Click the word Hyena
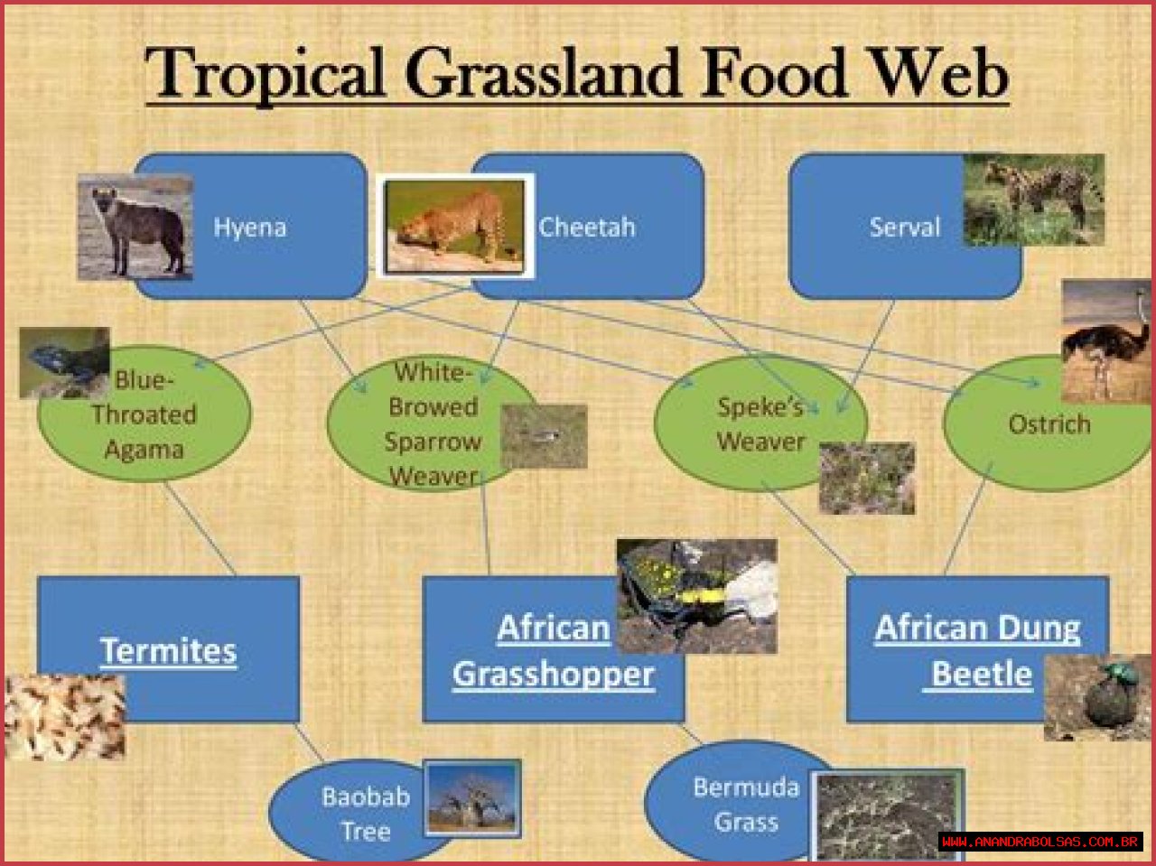tap(250, 228)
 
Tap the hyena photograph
tap(135, 227)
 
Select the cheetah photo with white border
tap(455, 226)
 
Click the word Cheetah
tap(587, 228)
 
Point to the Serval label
tap(905, 228)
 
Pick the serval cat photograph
tap(1034, 200)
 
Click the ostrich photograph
tap(1106, 341)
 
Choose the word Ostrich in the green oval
tap(1049, 424)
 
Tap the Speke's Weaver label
tap(761, 424)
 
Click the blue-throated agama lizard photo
tap(65, 363)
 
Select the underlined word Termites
tap(169, 651)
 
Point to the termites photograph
tap(65, 717)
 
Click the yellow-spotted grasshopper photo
tap(696, 596)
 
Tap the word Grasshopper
tap(554, 675)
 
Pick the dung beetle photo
tap(1097, 697)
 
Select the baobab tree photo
tap(472, 798)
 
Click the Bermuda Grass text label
tap(746, 805)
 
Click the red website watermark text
tap(1040, 842)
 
